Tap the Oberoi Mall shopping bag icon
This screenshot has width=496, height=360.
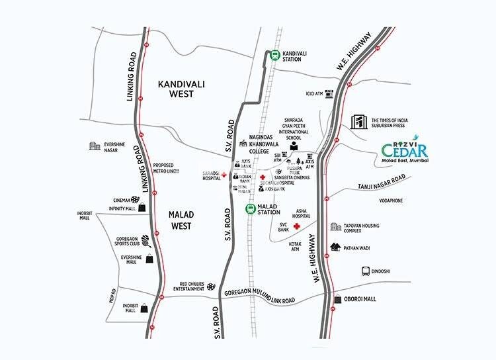click(337, 299)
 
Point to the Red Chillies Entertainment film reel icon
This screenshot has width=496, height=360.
click(210, 287)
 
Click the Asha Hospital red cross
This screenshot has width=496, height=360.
click(297, 226)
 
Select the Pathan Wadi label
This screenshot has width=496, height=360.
click(363, 248)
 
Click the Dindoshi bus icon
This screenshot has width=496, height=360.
click(364, 271)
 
